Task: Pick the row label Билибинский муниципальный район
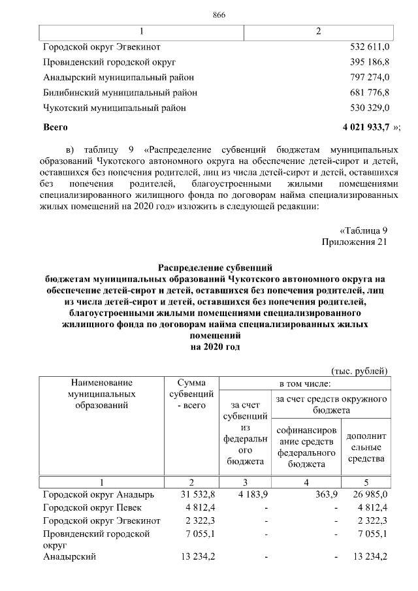point(120,93)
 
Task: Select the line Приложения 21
point(355,242)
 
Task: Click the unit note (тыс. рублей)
point(360,370)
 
